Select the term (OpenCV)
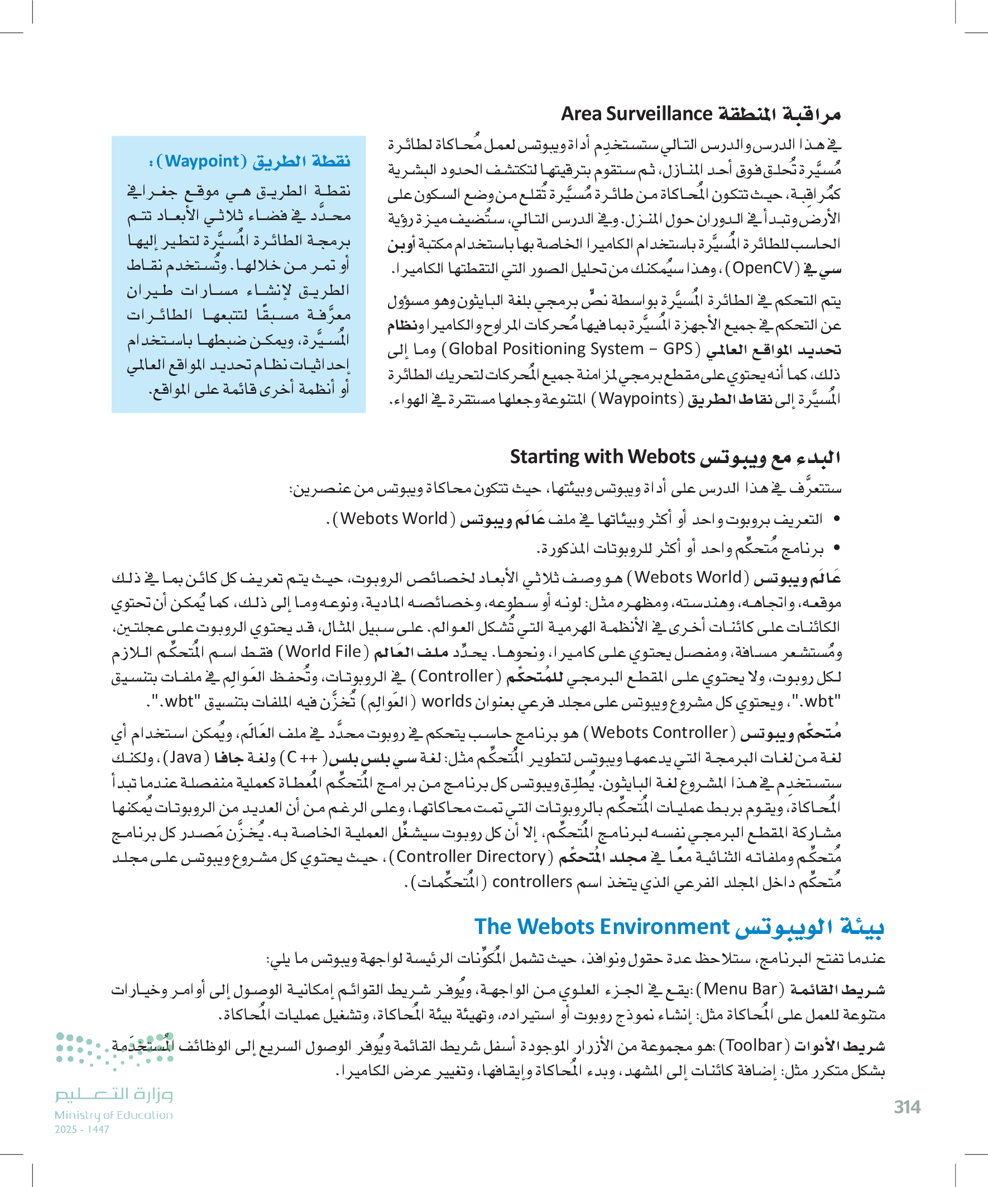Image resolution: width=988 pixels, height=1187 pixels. [x=765, y=268]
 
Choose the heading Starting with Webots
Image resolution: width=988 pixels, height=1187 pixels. [x=602, y=456]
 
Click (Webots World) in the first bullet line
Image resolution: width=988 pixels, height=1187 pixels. [x=394, y=518]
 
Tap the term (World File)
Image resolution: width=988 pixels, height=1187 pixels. [x=324, y=652]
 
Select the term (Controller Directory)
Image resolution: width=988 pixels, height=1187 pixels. [x=471, y=856]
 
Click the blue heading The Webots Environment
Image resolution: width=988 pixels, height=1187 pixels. [x=602, y=927]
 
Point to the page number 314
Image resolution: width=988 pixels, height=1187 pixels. [x=907, y=1107]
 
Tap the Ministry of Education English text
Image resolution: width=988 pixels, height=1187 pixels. [x=113, y=1114]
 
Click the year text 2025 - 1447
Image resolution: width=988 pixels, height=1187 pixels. [x=82, y=1129]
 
